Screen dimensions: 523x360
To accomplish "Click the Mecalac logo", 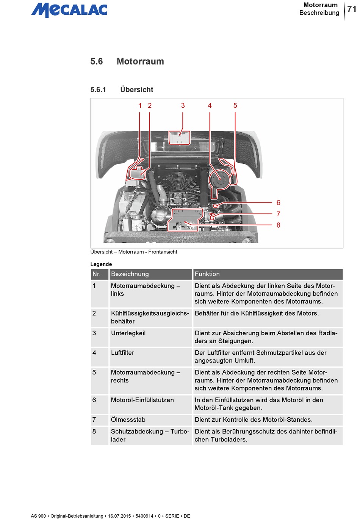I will point(69,10).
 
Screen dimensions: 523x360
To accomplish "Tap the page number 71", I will point(352,9).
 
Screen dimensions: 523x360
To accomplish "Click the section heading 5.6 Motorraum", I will point(127,61).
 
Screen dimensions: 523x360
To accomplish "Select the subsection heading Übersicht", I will point(136,90).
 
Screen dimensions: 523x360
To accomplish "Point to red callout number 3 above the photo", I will point(183,105).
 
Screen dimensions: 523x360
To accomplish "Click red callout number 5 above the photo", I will point(235,105).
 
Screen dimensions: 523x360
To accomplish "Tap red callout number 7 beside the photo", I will point(278,214).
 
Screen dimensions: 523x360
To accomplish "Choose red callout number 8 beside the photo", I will point(278,225).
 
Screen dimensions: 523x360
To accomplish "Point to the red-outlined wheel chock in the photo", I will point(179,138).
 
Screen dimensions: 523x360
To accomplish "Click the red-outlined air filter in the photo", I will point(219,179).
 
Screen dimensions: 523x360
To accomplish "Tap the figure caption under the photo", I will point(134,252).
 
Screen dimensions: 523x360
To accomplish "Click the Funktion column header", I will point(207,274).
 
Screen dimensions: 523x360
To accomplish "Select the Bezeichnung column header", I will point(130,274).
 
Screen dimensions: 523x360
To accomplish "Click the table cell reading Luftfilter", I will point(122,353).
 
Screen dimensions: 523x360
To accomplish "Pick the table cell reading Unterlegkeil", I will point(128,333).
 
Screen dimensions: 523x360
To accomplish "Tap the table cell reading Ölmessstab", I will point(128,420).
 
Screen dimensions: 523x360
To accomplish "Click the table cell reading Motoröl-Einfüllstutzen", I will point(142,400).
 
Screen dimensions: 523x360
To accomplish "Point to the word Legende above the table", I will point(101,264).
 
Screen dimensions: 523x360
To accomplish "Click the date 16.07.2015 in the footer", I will point(119,516).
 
